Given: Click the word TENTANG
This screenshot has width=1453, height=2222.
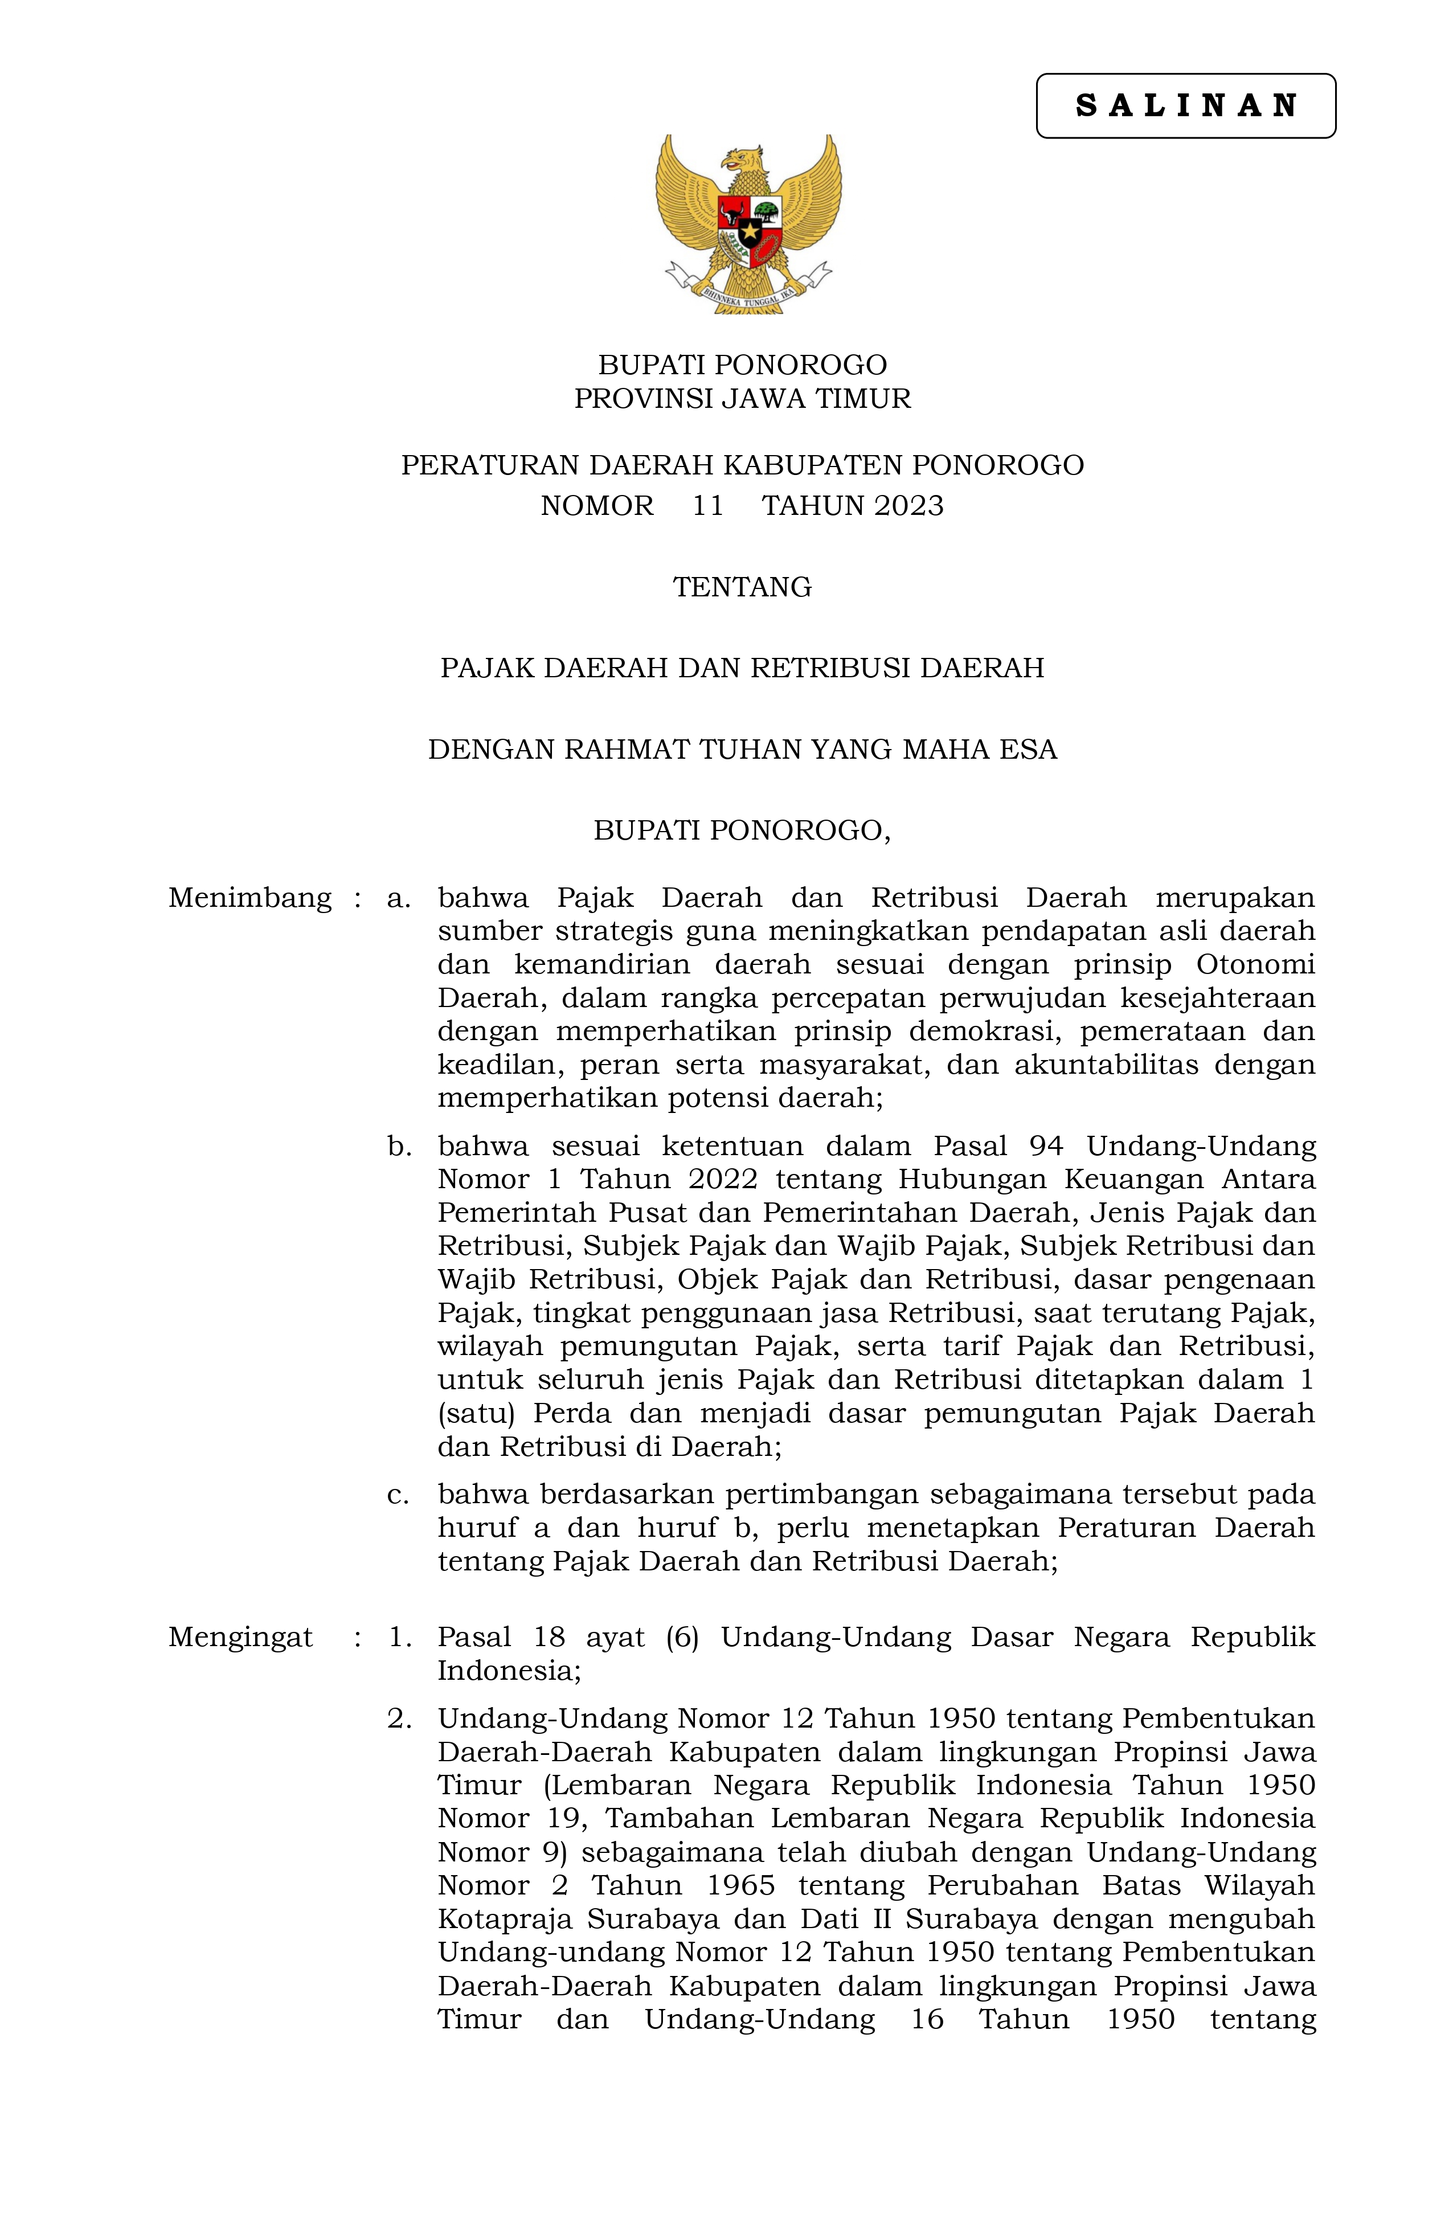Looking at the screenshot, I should pyautogui.click(x=742, y=587).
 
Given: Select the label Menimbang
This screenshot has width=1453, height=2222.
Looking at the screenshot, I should pyautogui.click(x=249, y=898).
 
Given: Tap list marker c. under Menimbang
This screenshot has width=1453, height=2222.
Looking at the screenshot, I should pyautogui.click(x=399, y=1495).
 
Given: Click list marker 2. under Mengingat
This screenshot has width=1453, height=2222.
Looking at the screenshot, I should pyautogui.click(x=400, y=1718).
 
